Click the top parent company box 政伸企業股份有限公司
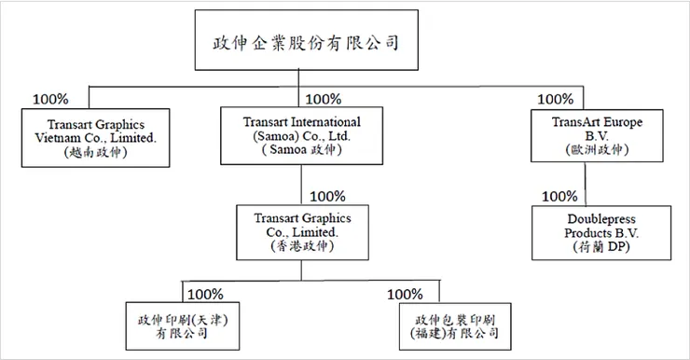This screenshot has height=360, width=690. point(301,43)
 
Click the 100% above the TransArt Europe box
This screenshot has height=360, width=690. point(557,99)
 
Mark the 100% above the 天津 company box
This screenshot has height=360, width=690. point(205,294)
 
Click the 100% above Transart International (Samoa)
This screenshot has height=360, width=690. point(324,99)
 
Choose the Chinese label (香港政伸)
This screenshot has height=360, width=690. point(301,245)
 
